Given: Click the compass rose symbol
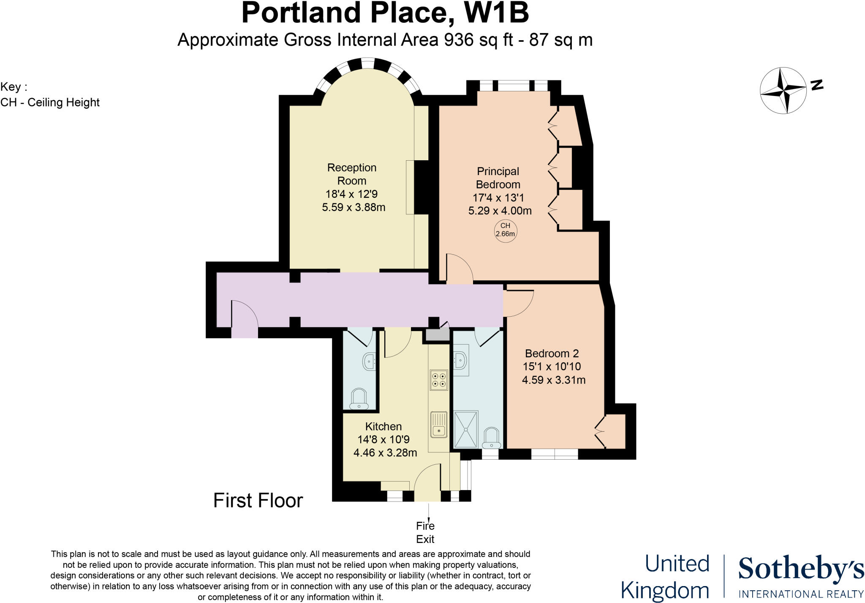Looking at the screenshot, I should click(x=783, y=90).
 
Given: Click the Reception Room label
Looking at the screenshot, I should click(x=352, y=174).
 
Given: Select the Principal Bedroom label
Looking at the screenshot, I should click(x=498, y=178).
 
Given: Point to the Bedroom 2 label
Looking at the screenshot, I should click(x=552, y=354).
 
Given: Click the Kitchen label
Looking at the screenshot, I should click(x=383, y=426).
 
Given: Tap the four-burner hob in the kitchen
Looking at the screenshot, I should click(x=438, y=380).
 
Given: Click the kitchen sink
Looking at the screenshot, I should click(x=439, y=424).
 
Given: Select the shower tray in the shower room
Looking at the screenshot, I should click(x=465, y=429).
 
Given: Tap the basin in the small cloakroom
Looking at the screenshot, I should click(x=369, y=361).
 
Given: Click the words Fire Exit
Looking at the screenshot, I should click(x=425, y=532).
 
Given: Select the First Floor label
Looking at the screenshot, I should click(x=258, y=501).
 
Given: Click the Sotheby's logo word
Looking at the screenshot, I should click(x=800, y=569).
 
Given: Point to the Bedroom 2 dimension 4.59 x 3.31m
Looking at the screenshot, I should click(x=553, y=380).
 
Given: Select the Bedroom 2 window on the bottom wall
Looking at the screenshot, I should click(x=554, y=454).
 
